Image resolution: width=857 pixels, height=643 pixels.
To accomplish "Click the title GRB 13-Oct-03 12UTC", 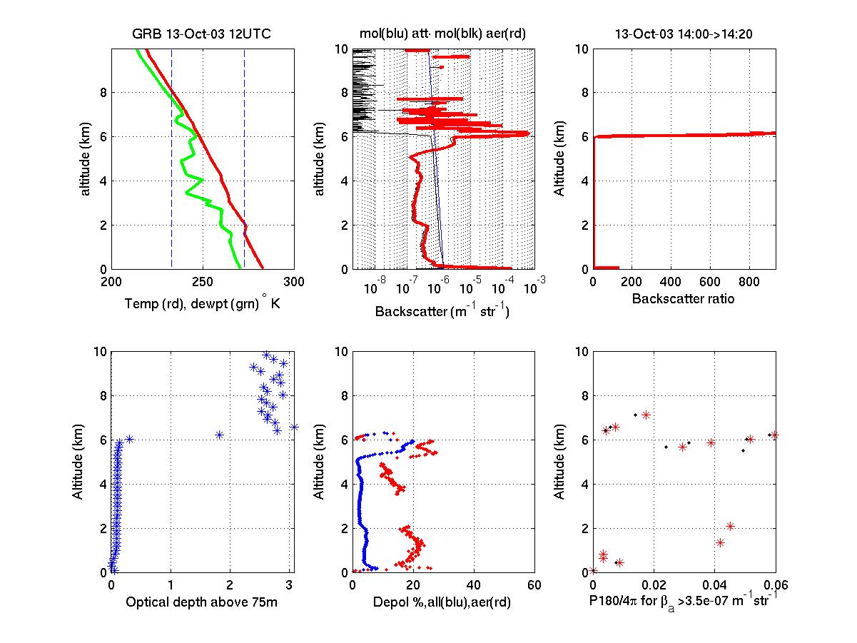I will click(x=202, y=34).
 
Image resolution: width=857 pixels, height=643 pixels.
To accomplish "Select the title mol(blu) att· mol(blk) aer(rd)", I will click(x=442, y=34).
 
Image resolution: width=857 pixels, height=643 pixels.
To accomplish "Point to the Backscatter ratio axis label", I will click(x=683, y=299).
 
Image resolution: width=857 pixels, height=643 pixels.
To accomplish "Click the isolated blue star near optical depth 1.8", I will click(x=219, y=435).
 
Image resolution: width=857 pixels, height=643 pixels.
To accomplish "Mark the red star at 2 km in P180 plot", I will click(x=730, y=526).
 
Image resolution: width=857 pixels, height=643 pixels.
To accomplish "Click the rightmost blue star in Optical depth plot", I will click(x=294, y=427).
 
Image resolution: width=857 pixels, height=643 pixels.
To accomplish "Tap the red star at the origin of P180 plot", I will click(x=594, y=570).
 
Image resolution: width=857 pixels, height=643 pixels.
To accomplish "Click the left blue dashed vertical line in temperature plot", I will click(x=172, y=157).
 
